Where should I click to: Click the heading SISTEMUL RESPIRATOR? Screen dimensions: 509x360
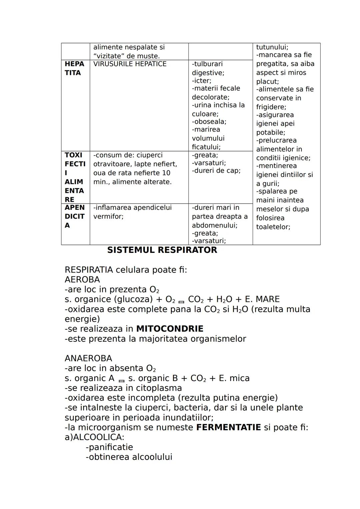point(162,250)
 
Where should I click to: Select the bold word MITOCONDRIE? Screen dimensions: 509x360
point(170,329)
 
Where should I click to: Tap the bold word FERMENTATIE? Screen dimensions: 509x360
point(228,427)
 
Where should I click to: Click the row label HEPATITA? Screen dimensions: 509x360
point(74,68)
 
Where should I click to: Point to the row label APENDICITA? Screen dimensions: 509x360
point(74,217)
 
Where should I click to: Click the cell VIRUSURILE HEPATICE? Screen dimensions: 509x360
point(130,64)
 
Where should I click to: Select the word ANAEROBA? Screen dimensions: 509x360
point(88,358)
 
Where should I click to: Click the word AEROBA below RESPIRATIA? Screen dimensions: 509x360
point(82,279)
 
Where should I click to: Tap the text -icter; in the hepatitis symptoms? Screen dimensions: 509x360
point(202,81)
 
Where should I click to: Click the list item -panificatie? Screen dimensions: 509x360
point(109,447)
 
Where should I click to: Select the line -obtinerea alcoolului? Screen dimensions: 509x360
point(129,457)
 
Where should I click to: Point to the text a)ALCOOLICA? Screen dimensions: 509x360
point(94,437)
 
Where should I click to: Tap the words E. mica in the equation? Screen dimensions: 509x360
point(234,378)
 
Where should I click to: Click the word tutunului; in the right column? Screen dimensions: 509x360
point(272,47)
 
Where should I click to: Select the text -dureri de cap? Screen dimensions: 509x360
point(216,171)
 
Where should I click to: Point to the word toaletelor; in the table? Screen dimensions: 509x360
point(273,227)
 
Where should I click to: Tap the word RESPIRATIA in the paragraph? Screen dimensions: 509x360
point(89,270)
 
